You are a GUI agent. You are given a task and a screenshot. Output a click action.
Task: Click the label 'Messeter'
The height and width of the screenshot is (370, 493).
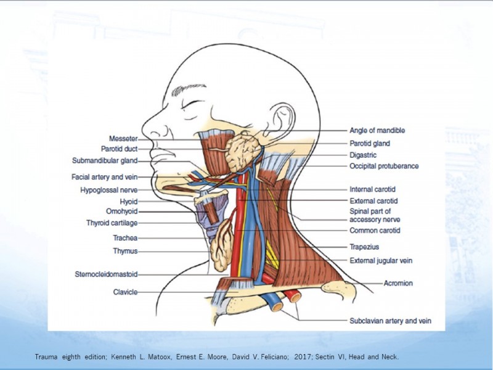[123, 138]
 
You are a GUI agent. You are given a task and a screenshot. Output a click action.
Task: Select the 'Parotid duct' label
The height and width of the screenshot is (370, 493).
[119, 149]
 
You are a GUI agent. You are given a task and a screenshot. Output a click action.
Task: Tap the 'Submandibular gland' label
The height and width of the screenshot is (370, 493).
[105, 161]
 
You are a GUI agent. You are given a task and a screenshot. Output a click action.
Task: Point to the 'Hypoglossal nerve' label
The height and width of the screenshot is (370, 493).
[109, 190]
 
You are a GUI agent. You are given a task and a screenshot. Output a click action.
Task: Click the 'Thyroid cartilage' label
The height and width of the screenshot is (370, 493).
[112, 223]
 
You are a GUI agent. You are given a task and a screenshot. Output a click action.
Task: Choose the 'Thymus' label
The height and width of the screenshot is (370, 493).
[125, 251]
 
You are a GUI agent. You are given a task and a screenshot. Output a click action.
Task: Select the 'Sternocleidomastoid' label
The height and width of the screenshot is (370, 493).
[106, 274]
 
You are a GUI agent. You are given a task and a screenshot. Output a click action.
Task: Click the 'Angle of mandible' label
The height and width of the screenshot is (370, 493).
[377, 131]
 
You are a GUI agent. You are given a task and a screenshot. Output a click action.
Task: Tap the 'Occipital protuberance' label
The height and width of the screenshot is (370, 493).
[384, 166]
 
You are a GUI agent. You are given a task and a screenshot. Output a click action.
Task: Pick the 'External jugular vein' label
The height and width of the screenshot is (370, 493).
[381, 260]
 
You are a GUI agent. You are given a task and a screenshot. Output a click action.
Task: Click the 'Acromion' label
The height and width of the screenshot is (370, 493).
[398, 283]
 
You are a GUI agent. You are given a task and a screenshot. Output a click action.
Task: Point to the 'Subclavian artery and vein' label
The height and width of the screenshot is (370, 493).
[390, 321]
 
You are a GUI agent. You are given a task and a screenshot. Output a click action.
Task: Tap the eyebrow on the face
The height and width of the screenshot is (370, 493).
[188, 89]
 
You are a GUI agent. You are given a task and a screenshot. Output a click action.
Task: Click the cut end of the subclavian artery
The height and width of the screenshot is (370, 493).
[295, 297]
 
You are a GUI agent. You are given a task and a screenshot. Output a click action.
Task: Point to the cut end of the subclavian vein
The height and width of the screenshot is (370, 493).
[277, 306]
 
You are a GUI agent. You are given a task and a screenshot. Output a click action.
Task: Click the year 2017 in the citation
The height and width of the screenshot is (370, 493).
[301, 357]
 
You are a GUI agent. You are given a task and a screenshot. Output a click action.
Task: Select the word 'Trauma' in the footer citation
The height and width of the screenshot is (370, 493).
[46, 357]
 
